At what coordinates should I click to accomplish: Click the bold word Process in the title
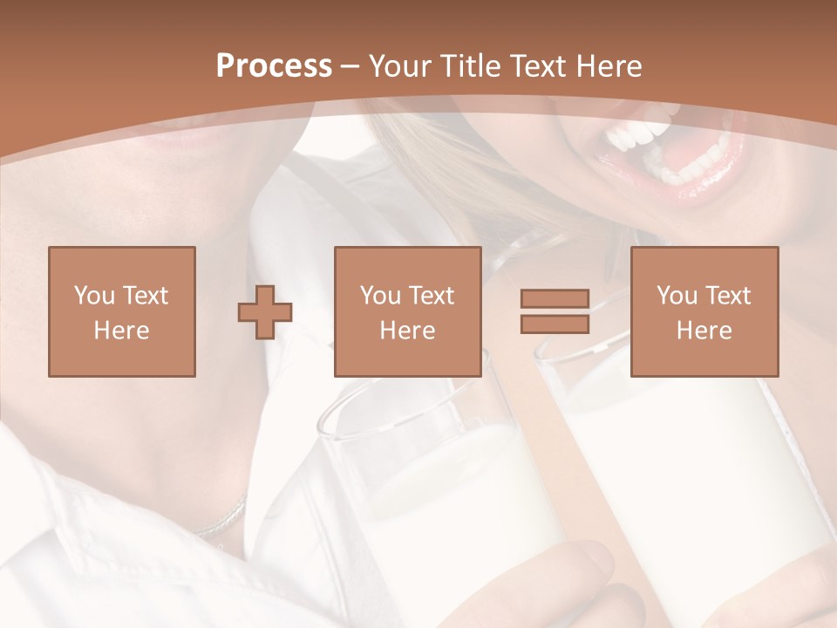tap(274, 66)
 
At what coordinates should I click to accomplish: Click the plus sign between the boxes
tap(265, 311)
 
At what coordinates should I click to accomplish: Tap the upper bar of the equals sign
tap(555, 299)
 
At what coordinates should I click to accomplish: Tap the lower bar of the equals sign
tap(555, 324)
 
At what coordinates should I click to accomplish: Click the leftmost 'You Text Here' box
tap(121, 311)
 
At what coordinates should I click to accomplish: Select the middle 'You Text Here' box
tap(407, 311)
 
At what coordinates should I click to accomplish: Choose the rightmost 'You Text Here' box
tap(704, 311)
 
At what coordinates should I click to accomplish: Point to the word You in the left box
tap(92, 296)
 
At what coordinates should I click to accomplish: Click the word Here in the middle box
tap(407, 331)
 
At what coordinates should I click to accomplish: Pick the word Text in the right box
tap(728, 296)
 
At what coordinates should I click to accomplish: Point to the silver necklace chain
tap(222, 520)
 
